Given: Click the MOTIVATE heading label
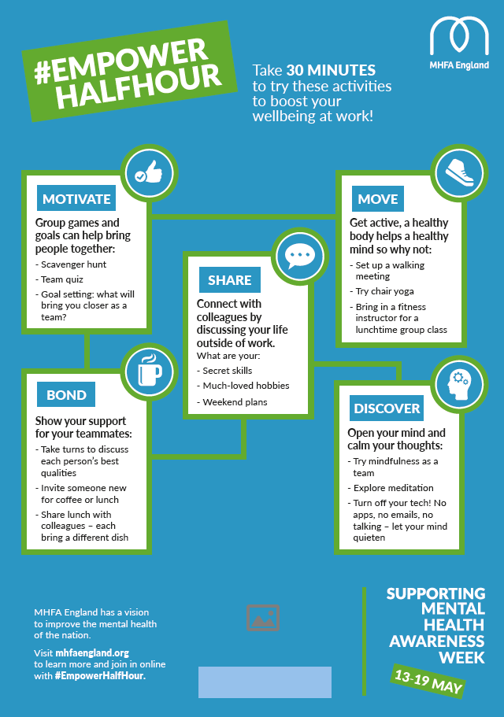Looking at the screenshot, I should click(76, 199).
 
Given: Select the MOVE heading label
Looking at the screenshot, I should click(378, 199).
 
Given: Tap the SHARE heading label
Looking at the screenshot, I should click(230, 279).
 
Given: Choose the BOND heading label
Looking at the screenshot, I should click(66, 395).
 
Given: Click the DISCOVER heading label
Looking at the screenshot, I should click(387, 408).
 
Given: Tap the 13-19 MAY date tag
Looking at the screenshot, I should click(428, 681).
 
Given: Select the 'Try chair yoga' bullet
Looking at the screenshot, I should click(384, 291).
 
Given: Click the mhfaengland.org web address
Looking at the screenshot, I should click(92, 653).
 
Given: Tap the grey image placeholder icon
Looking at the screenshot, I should click(263, 618).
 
